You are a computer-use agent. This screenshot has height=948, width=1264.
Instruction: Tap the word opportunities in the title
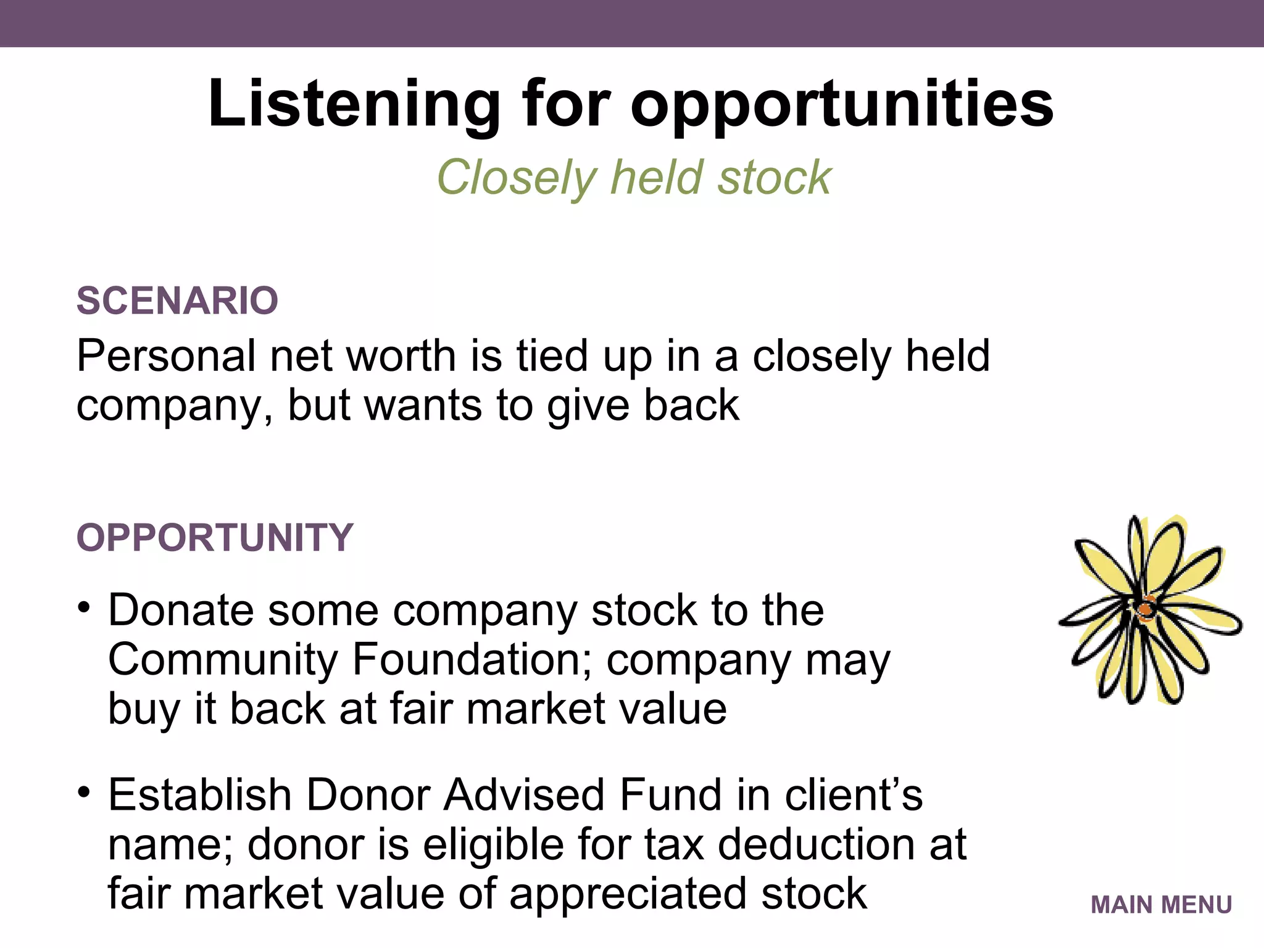click(x=842, y=104)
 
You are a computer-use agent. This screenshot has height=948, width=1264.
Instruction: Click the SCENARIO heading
click(x=177, y=301)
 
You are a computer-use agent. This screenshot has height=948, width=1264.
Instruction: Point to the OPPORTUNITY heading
click(x=215, y=537)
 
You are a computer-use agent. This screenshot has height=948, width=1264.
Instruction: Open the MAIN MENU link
click(x=1161, y=905)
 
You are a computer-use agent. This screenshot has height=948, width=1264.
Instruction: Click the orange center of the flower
click(x=1145, y=610)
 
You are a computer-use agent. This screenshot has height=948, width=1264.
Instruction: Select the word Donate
click(x=181, y=610)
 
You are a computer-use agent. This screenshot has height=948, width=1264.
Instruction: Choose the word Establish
click(x=199, y=795)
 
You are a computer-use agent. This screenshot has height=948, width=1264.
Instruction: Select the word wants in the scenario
click(x=423, y=405)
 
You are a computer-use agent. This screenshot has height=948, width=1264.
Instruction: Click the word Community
click(x=222, y=660)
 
